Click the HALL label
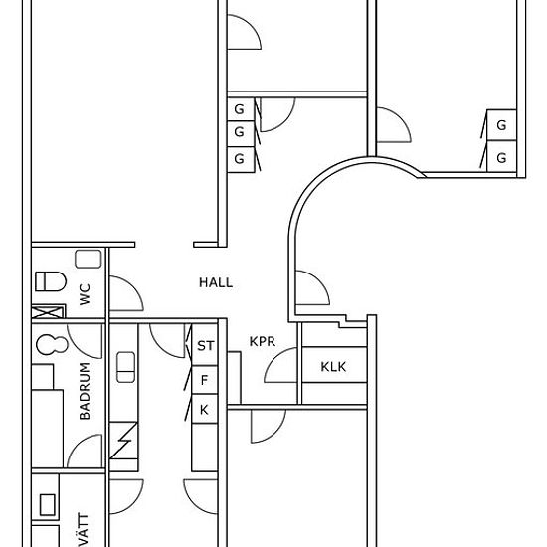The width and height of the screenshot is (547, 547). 216,282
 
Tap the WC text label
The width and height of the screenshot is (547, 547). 85,294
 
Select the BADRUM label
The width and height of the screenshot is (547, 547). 85,391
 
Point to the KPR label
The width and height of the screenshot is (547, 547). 263,341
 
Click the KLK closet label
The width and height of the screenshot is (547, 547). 333,367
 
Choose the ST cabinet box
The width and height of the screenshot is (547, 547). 205,345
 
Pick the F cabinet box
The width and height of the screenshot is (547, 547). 205,380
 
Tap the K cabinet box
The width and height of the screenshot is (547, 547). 205,409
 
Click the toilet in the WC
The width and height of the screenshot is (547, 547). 51,281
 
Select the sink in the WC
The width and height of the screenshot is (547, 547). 89,259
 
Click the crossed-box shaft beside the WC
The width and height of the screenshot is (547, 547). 49,311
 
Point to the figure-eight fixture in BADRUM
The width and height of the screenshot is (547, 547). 52,345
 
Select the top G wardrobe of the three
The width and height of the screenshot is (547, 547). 240,109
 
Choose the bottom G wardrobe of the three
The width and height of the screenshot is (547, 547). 240,159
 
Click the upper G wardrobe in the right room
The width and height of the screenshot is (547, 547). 501,125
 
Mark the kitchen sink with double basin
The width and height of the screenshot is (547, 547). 125,367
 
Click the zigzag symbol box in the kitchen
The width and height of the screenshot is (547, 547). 123,441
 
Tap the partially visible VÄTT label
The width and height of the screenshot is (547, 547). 83,529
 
